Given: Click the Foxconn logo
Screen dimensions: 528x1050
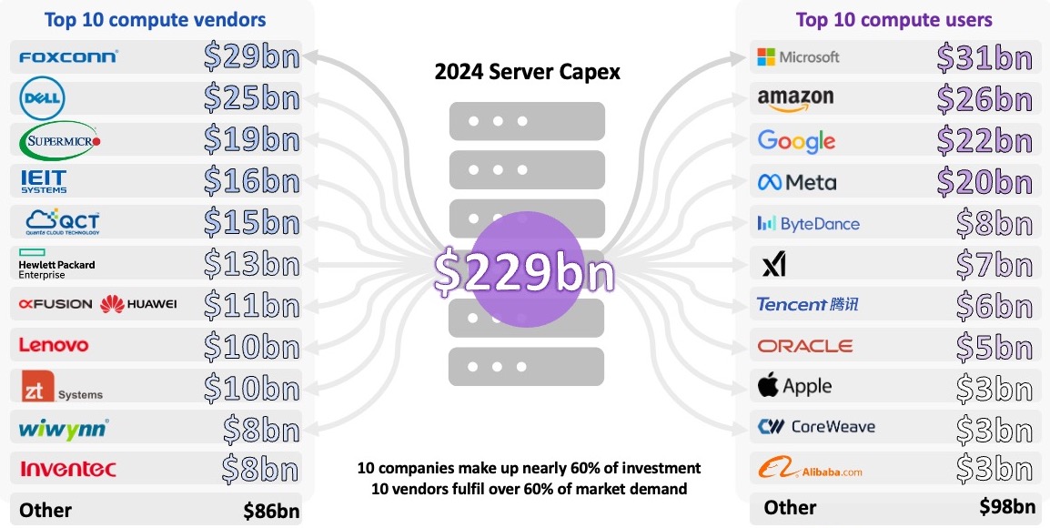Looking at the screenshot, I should coord(68,57).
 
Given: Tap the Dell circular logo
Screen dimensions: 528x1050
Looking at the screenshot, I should coord(43,98).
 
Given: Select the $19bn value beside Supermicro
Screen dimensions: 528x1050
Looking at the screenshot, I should coord(251,139).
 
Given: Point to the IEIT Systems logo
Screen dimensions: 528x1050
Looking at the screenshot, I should coord(44,181).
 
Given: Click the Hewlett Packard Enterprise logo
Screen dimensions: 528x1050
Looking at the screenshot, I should coord(56,264).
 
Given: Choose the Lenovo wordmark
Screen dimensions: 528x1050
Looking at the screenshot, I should coord(54,345).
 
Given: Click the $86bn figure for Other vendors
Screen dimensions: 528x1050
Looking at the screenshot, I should coord(271,511).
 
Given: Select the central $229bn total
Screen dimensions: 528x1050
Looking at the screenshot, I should coord(524,272).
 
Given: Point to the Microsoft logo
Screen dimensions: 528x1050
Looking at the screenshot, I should coord(798,57).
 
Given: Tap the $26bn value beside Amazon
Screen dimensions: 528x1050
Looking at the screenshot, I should coord(984,98).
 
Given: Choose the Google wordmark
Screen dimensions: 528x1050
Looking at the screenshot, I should coord(796,140).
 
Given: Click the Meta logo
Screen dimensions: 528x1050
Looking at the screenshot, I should coord(796,182).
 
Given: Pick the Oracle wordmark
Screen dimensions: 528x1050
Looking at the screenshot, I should coord(804,346).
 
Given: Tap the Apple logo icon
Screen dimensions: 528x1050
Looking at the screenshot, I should coord(769,386).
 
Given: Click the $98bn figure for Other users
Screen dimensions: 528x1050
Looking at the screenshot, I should coord(1007,507).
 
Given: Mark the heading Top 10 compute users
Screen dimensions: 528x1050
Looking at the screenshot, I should coord(894,19).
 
